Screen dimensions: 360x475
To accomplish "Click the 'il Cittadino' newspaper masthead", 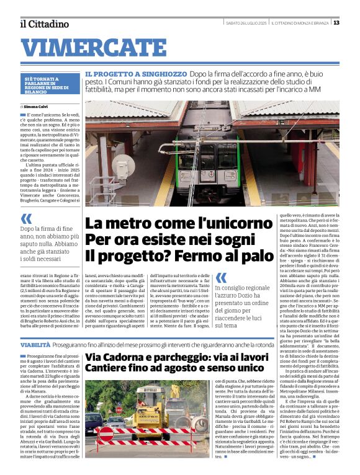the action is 43,24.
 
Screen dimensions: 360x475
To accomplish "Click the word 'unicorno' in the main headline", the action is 220,224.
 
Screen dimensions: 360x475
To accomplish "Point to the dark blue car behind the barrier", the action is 94,422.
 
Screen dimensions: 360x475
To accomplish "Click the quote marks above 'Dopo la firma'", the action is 25,218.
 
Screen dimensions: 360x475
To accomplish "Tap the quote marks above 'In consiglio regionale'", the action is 221,277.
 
